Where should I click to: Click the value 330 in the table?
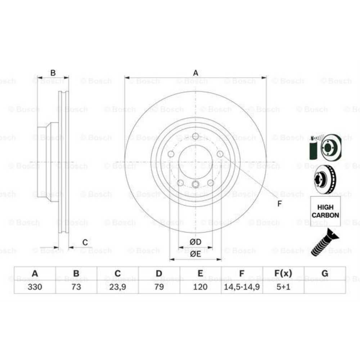pos(35,287)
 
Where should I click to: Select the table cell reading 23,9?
pos(117,287)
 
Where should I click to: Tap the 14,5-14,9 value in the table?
pos(242,287)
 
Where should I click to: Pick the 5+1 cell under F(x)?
pos(283,287)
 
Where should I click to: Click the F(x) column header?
pos(283,274)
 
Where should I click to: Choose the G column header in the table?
pos(325,274)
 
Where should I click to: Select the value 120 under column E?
pos(201,287)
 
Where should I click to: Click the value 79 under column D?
pos(159,287)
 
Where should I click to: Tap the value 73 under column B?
pos(76,287)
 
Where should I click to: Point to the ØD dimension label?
pos(195,242)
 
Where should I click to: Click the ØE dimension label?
pos(195,254)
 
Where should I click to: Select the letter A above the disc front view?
pos(195,73)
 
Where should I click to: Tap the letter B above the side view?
pos(53,73)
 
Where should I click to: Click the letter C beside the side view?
pos(85,242)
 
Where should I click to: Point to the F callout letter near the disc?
pos(279,204)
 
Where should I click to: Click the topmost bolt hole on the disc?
pos(195,136)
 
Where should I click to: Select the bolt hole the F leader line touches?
pos(220,154)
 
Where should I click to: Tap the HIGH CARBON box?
pos(325,211)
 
